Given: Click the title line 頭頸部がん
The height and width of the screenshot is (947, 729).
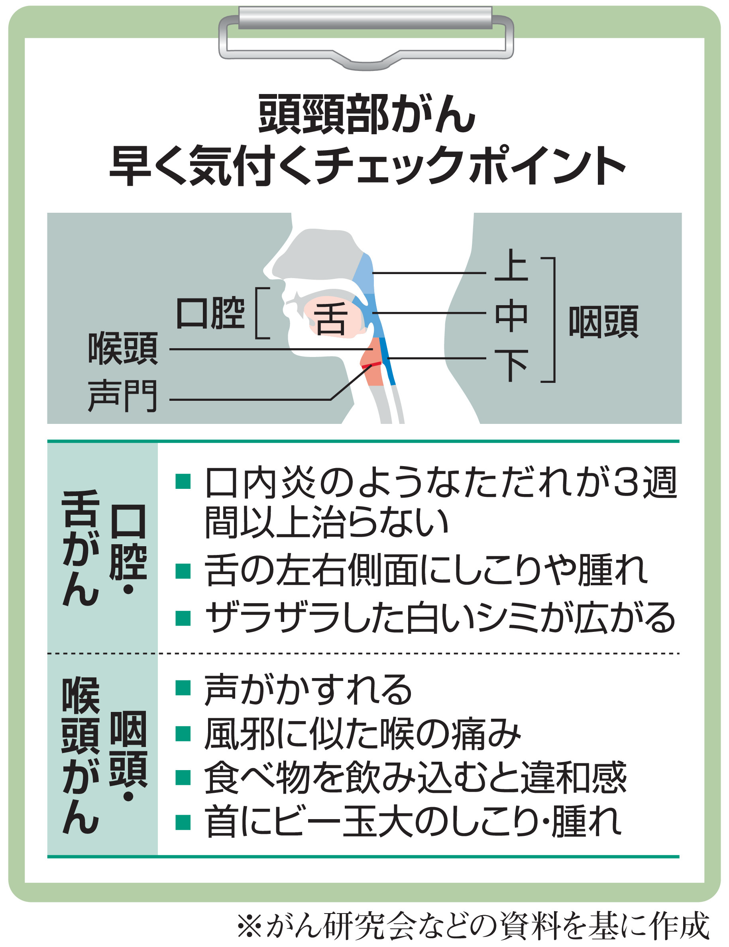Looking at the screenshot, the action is (367, 114).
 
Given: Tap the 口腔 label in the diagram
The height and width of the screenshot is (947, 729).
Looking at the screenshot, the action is (210, 313).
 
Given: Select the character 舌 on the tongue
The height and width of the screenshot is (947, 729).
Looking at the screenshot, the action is (331, 319).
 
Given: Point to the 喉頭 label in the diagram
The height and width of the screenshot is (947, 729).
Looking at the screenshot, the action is (123, 348).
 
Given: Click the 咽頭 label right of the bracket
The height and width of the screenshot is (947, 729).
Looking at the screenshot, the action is (603, 321).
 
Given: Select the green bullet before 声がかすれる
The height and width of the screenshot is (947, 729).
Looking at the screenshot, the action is (183, 688).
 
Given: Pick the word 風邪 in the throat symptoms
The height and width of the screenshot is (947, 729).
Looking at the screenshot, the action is (240, 734).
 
